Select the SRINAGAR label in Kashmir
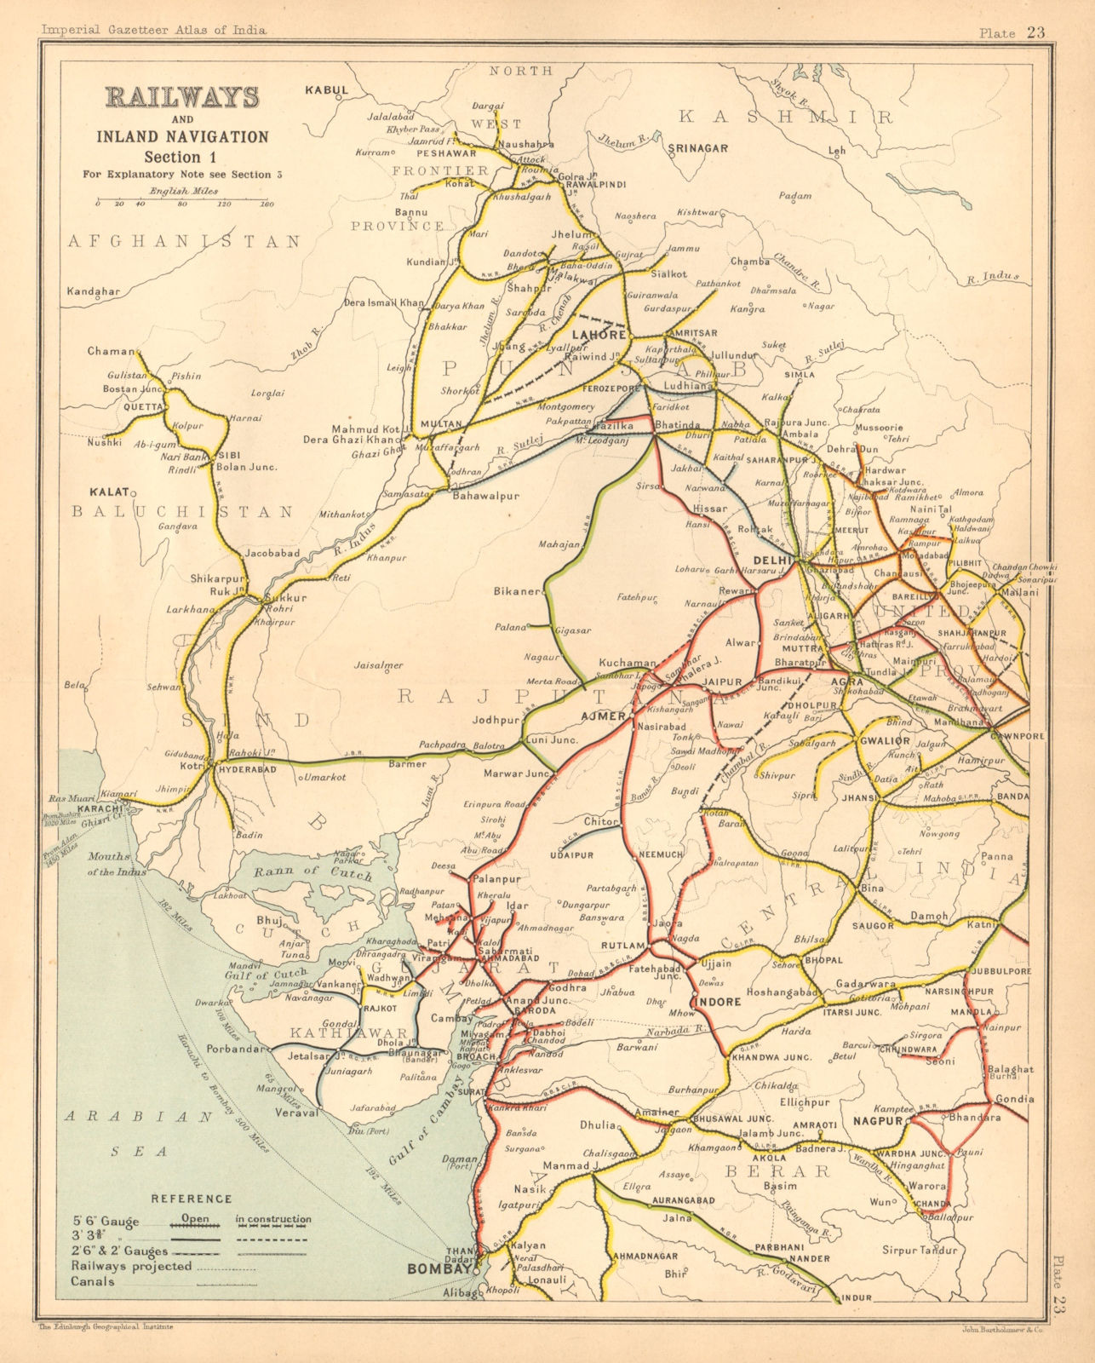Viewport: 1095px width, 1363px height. point(698,148)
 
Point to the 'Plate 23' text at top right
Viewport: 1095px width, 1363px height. point(1012,33)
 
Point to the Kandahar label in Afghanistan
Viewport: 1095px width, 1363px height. point(93,291)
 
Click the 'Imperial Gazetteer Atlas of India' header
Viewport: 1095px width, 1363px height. point(154,30)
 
